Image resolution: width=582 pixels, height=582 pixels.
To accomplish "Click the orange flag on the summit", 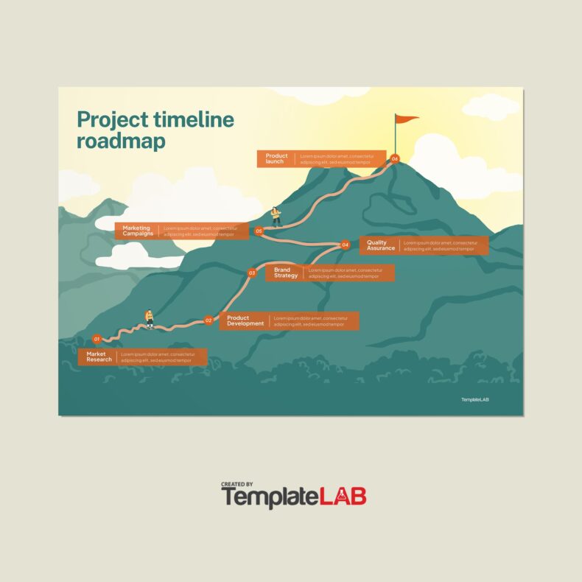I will (x=406, y=119).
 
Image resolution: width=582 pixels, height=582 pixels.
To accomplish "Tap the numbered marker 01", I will (x=97, y=339).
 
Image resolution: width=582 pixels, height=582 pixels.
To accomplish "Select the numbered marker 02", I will (x=208, y=320).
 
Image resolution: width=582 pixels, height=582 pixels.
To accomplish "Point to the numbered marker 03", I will (x=252, y=273).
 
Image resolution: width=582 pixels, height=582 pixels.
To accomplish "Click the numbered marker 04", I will (x=345, y=245).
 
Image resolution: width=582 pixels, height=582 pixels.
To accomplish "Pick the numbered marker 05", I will (x=259, y=231).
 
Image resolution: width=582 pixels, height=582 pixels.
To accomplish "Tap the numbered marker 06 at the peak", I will (x=395, y=158).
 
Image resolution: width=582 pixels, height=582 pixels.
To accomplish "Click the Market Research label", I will (x=99, y=357).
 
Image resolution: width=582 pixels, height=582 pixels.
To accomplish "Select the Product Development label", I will (x=245, y=320).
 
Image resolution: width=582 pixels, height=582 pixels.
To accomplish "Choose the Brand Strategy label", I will (x=286, y=273).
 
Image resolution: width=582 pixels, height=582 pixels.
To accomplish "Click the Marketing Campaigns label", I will (x=138, y=231).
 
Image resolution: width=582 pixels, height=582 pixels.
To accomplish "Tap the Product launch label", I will (x=276, y=158).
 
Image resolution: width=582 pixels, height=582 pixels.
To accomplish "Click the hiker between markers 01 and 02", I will (x=149, y=318).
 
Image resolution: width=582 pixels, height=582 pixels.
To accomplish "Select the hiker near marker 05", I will (x=276, y=215).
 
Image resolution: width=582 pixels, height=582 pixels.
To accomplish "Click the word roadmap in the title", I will (x=121, y=141).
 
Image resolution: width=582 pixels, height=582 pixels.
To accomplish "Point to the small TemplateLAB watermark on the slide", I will (x=475, y=400).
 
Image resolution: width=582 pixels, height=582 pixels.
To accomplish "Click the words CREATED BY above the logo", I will (x=238, y=484).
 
